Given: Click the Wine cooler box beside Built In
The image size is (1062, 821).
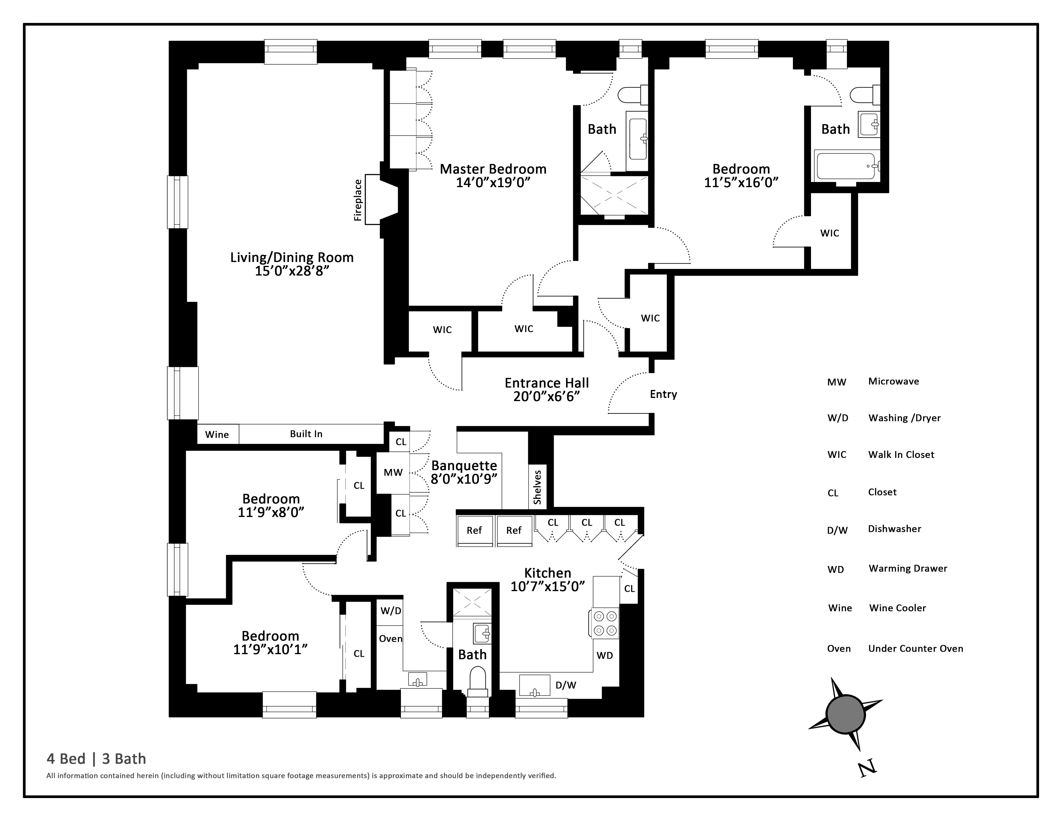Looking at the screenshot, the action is [x=217, y=434].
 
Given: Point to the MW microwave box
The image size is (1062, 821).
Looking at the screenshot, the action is [x=393, y=472].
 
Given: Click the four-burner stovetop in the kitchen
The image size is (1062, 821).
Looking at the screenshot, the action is [x=605, y=623].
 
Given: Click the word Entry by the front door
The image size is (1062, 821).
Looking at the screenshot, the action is [x=663, y=395].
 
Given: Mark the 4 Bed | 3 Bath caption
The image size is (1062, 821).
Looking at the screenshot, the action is [x=96, y=759].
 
